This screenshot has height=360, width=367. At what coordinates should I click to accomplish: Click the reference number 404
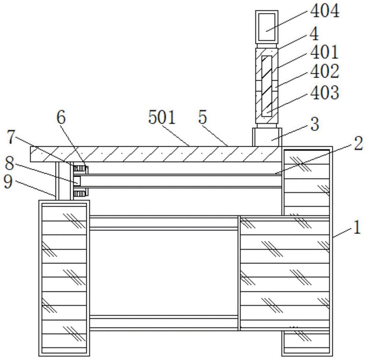tap(325, 11)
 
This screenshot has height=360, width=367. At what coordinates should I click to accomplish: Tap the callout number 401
tap(324, 52)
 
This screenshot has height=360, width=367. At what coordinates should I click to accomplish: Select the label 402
tap(325, 71)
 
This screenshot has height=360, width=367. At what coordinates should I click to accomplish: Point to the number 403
tap(325, 93)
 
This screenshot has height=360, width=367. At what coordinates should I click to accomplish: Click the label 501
tap(162, 117)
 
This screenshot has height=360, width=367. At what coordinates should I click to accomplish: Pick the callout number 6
tap(61, 118)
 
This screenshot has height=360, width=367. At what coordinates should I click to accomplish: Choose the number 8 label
tap(10, 163)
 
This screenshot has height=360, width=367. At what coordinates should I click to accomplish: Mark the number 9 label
tap(8, 181)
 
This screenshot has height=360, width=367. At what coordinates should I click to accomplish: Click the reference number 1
tap(357, 227)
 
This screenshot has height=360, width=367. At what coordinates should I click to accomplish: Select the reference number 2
tap(358, 143)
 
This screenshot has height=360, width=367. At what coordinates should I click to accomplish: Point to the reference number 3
tap(315, 124)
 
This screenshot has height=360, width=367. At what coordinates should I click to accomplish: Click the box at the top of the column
tap(266, 27)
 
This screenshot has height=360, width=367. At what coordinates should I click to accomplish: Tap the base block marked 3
tap(267, 137)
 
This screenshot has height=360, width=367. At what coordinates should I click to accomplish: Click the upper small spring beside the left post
tap(80, 169)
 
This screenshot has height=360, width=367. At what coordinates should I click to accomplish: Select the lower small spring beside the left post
tap(80, 193)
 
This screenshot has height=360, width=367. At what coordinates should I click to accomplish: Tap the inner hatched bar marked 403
tap(266, 86)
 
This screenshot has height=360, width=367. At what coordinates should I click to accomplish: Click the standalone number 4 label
tap(315, 34)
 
